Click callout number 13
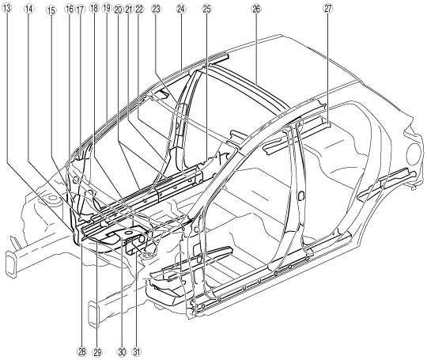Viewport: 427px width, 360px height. [x=6, y=9]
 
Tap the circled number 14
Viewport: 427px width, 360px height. [x=29, y=9]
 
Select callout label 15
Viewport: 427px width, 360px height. [x=51, y=10]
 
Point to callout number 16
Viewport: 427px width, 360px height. [x=69, y=9]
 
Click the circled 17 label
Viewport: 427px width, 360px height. [x=79, y=9]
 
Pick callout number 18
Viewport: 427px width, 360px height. [x=94, y=9]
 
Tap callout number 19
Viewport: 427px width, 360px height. [x=107, y=9]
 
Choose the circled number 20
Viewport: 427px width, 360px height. [x=118, y=9]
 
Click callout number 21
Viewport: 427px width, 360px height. [x=129, y=9]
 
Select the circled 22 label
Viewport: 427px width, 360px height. [x=139, y=9]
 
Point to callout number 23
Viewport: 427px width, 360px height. [x=156, y=9]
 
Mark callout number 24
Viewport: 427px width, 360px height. [x=180, y=9]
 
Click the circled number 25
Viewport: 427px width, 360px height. [x=206, y=9]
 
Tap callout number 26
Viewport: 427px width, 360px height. [x=255, y=9]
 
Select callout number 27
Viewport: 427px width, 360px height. [x=328, y=9]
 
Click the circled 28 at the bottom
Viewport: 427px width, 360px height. [x=81, y=351]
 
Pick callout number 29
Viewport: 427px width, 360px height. [x=97, y=351]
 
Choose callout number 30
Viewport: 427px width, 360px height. [x=122, y=351]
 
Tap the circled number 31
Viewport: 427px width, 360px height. [x=137, y=351]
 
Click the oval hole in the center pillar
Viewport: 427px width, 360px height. [x=301, y=196]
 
